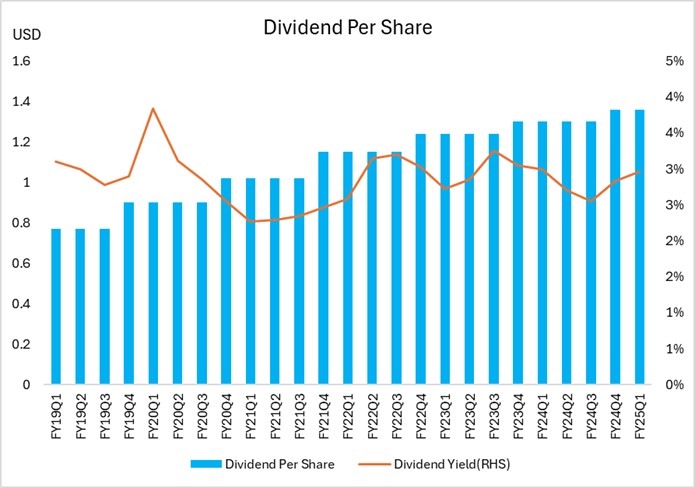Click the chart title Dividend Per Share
[347, 27]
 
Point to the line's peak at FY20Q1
[153, 108]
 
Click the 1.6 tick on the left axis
[22, 61]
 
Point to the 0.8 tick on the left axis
[22, 223]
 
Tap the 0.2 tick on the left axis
[22, 344]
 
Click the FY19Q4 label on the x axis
[130, 413]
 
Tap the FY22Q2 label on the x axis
[372, 413]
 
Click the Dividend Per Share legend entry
[279, 463]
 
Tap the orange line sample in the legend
[376, 464]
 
